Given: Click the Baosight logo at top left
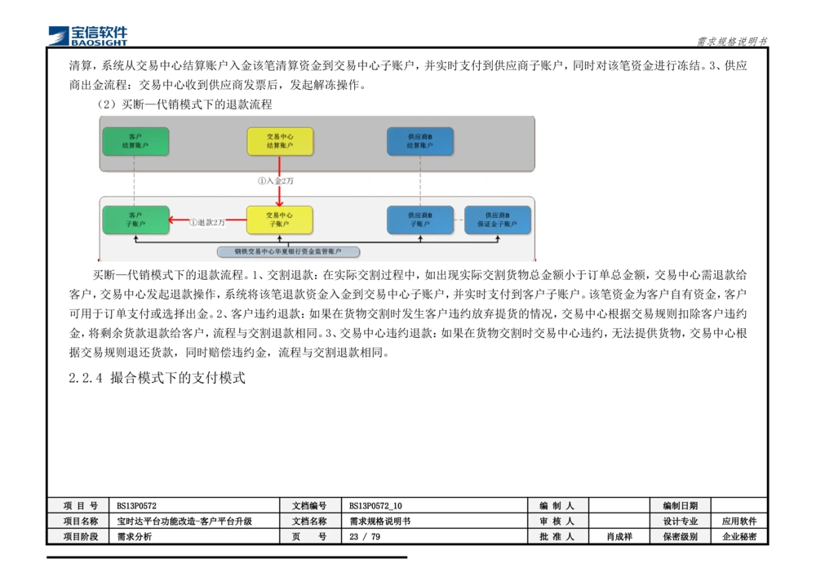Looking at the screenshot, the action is tap(88, 36).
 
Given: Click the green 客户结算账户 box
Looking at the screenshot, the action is tap(135, 141).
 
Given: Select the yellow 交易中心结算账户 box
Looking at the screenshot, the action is tap(280, 141).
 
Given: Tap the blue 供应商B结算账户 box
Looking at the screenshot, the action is tap(420, 141).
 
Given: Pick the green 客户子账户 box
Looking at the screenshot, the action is tap(135, 220).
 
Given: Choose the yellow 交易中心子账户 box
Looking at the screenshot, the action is tap(279, 220).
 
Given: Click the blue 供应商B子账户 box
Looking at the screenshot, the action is tap(420, 220).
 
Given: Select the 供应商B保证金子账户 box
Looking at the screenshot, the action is tap(498, 220).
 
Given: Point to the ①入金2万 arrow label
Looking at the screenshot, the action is tap(276, 181).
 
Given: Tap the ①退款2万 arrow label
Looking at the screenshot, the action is tap(207, 222).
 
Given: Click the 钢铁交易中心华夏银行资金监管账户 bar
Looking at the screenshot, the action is tap(288, 252).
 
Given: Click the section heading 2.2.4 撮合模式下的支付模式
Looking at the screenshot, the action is tap(157, 378).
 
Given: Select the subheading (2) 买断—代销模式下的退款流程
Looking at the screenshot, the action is tap(184, 104).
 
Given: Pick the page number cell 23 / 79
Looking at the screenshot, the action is tap(364, 536).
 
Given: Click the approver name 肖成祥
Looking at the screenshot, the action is tap(619, 536).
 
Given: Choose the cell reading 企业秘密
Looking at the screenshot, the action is tap(739, 536).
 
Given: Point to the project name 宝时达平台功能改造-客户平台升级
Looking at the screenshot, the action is tap(184, 521).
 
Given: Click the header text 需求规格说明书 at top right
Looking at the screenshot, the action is tap(732, 42).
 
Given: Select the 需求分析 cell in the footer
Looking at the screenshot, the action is tap(134, 536).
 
